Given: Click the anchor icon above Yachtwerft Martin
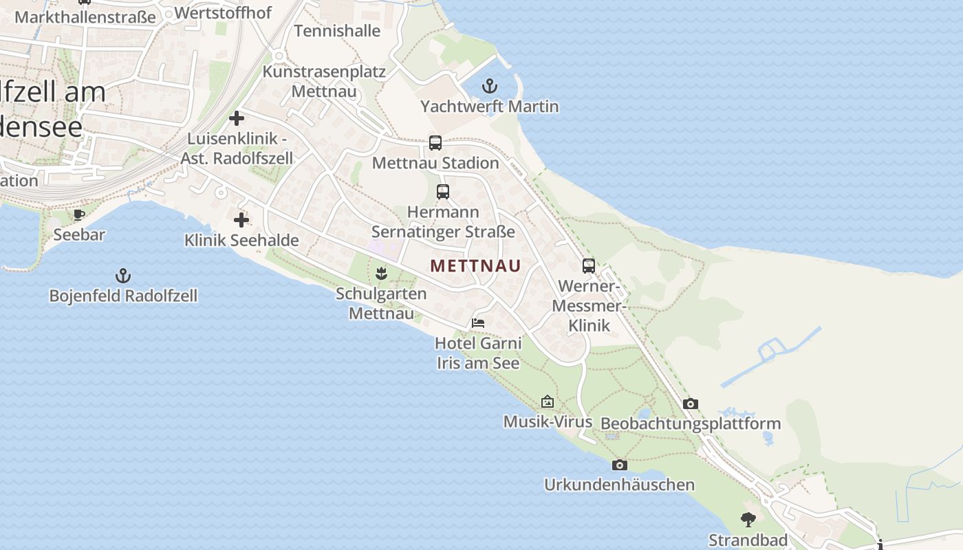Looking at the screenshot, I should tap(489, 86).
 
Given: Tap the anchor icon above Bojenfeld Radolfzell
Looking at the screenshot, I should tap(123, 276).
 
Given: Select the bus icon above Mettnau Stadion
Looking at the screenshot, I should tap(435, 143).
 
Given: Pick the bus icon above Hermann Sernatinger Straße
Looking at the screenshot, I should tap(443, 192).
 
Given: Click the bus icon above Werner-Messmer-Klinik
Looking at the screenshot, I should tap(589, 266).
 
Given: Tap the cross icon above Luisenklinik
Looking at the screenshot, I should tap(237, 118).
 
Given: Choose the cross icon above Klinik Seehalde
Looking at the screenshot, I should tap(241, 220).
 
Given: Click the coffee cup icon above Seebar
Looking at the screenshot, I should tap(79, 214).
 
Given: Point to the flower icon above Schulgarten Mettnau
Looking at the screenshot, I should tap(382, 274).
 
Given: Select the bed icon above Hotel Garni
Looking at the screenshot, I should tap(478, 322).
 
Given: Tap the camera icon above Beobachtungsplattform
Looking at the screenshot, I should tap(691, 404).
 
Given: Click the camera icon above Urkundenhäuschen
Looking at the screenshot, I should tap(619, 465).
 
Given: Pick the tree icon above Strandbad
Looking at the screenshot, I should tap(748, 520).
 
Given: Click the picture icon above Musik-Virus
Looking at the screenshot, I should tap(548, 401).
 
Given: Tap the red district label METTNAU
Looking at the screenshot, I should tap(475, 265).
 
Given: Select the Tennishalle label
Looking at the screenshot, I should tap(337, 31).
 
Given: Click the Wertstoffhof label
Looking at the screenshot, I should tap(223, 12).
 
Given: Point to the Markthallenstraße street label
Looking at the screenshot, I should tap(85, 16).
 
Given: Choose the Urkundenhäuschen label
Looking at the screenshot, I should tap(619, 485).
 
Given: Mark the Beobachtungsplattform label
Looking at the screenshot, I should tap(691, 423).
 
